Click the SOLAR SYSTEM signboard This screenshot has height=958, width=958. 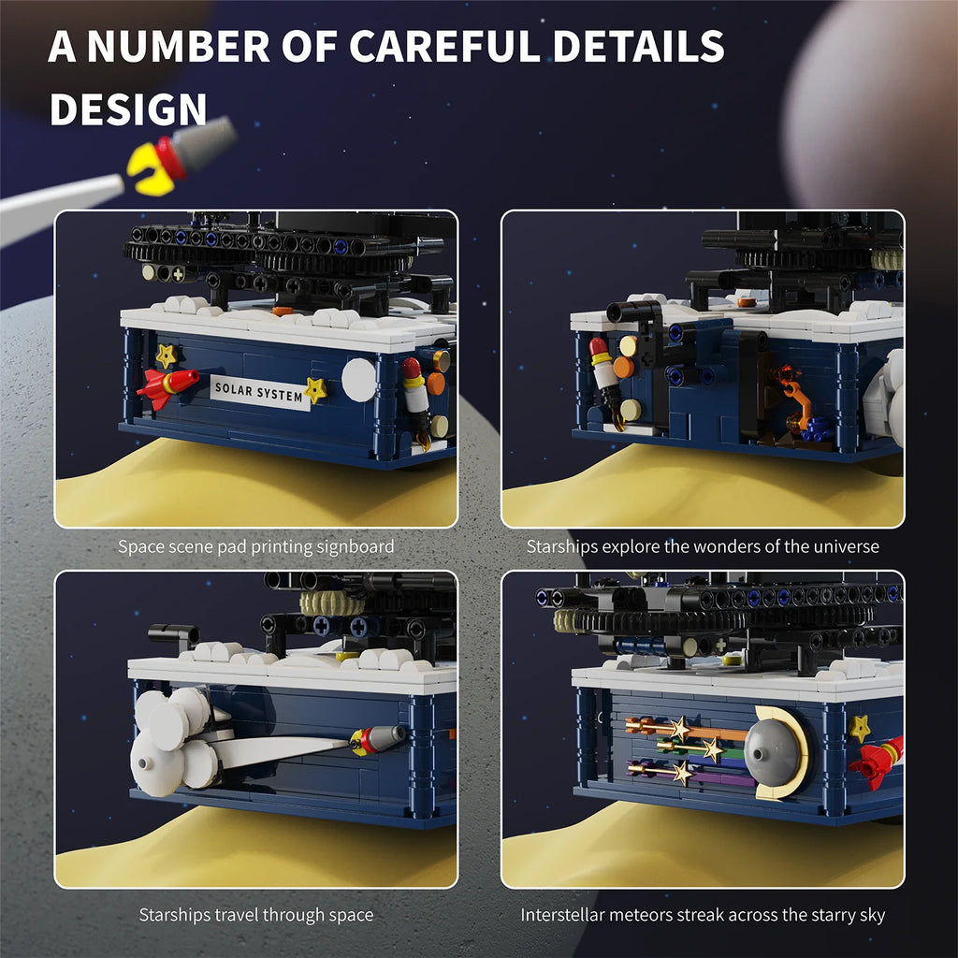pyautogui.click(x=260, y=392)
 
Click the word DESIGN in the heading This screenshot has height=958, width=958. pyautogui.click(x=128, y=110)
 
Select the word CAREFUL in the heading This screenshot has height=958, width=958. pyautogui.click(x=444, y=46)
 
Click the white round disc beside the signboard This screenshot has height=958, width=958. pyautogui.click(x=358, y=380)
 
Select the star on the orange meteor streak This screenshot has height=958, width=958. pyautogui.click(x=679, y=729)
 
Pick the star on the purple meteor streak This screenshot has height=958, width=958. pyautogui.click(x=682, y=773)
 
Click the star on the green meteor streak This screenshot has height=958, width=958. pyautogui.click(x=712, y=749)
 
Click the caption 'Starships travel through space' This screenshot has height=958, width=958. pyautogui.click(x=256, y=915)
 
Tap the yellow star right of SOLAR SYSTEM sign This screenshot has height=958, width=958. pyautogui.click(x=315, y=390)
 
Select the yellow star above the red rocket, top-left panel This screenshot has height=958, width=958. pyautogui.click(x=167, y=356)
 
